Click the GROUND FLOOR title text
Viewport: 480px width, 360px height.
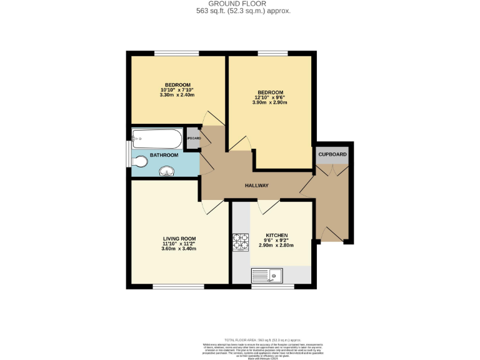240,4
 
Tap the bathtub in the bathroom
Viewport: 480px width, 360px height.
157,137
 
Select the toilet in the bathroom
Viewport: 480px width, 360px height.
141,162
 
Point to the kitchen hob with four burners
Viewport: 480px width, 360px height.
241,241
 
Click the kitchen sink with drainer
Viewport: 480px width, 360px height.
267,274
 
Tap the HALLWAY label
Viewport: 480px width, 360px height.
256,186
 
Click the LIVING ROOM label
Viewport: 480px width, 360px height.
179,238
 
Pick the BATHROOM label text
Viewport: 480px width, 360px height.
164,155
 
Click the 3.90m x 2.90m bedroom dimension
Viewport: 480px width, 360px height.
269,102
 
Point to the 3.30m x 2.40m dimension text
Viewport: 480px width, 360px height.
177,95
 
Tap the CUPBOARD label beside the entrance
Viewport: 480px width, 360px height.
332,154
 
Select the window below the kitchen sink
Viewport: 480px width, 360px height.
272,286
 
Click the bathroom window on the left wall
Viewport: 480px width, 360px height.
128,154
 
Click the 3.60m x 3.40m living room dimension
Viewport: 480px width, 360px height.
179,249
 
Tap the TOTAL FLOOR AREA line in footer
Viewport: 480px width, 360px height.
240,339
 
